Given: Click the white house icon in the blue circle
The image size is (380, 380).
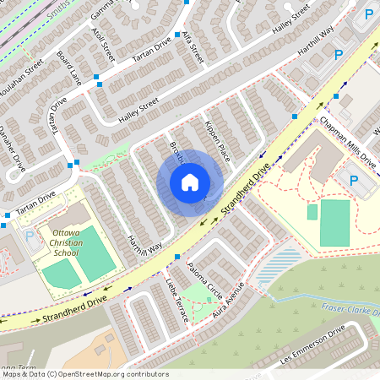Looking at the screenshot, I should pyautogui.click(x=189, y=182).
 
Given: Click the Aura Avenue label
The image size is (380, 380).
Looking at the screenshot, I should pyautogui.click(x=230, y=295).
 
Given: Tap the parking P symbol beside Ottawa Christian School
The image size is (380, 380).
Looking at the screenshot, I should pyautogui.click(x=30, y=236).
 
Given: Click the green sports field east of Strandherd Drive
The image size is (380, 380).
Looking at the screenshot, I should pyautogui.click(x=334, y=222).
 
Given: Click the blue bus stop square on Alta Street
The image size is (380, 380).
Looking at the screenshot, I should pyautogui.click(x=177, y=35).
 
